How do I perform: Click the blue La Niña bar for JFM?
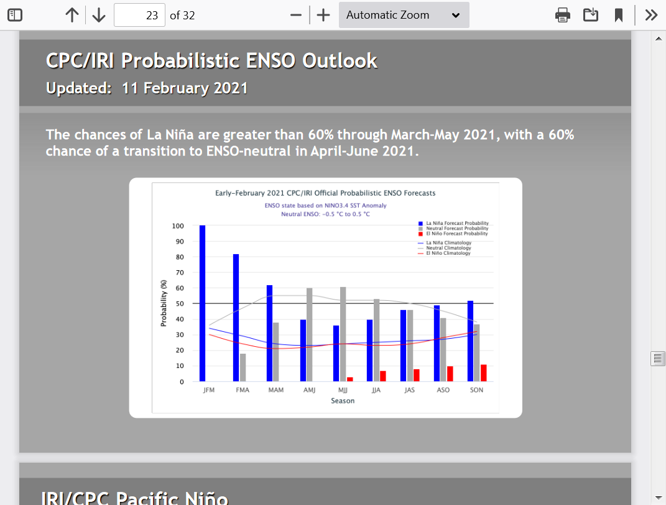[202, 303]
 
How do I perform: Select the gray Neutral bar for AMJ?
[309, 335]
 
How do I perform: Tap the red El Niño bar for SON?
[483, 373]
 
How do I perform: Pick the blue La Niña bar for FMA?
[236, 318]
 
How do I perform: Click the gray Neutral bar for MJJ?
[343, 334]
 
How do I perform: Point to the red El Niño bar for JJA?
[382, 376]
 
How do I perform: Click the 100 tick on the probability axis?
[178, 226]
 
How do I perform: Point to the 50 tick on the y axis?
[180, 304]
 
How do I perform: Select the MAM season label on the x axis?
[276, 390]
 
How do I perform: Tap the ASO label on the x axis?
[443, 390]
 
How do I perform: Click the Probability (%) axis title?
[164, 303]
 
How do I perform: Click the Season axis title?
[343, 401]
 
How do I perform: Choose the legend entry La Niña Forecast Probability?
[453, 224]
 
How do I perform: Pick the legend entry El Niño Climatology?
[444, 253]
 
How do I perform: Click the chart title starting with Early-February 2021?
[325, 193]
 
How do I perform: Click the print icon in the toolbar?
[562, 16]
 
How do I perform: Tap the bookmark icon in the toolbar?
[618, 16]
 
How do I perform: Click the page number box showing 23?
[139, 16]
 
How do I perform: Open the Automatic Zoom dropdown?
[404, 16]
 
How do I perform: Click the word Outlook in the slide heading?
[340, 61]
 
